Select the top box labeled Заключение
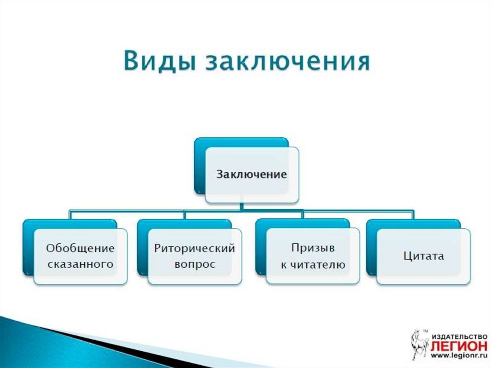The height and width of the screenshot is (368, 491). (x=252, y=175)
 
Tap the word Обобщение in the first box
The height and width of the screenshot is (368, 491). (x=80, y=248)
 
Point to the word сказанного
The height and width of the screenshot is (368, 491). (x=80, y=264)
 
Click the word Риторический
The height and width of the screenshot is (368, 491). (x=195, y=249)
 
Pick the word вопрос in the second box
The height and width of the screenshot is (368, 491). (x=195, y=265)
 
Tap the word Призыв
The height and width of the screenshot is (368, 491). (x=313, y=248)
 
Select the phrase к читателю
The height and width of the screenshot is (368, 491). (x=313, y=264)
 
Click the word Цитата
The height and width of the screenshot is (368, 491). (x=423, y=256)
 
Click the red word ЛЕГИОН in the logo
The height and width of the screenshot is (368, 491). (x=459, y=346)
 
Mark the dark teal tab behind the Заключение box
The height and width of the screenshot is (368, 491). (x=200, y=166)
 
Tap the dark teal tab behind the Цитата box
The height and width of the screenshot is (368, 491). (x=372, y=248)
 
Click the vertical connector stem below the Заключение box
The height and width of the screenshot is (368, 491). (x=242, y=206)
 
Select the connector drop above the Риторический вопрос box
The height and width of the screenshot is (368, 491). (x=185, y=215)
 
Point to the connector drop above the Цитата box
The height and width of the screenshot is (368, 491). (x=413, y=215)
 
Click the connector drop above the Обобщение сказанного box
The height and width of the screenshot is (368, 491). (x=70, y=215)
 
